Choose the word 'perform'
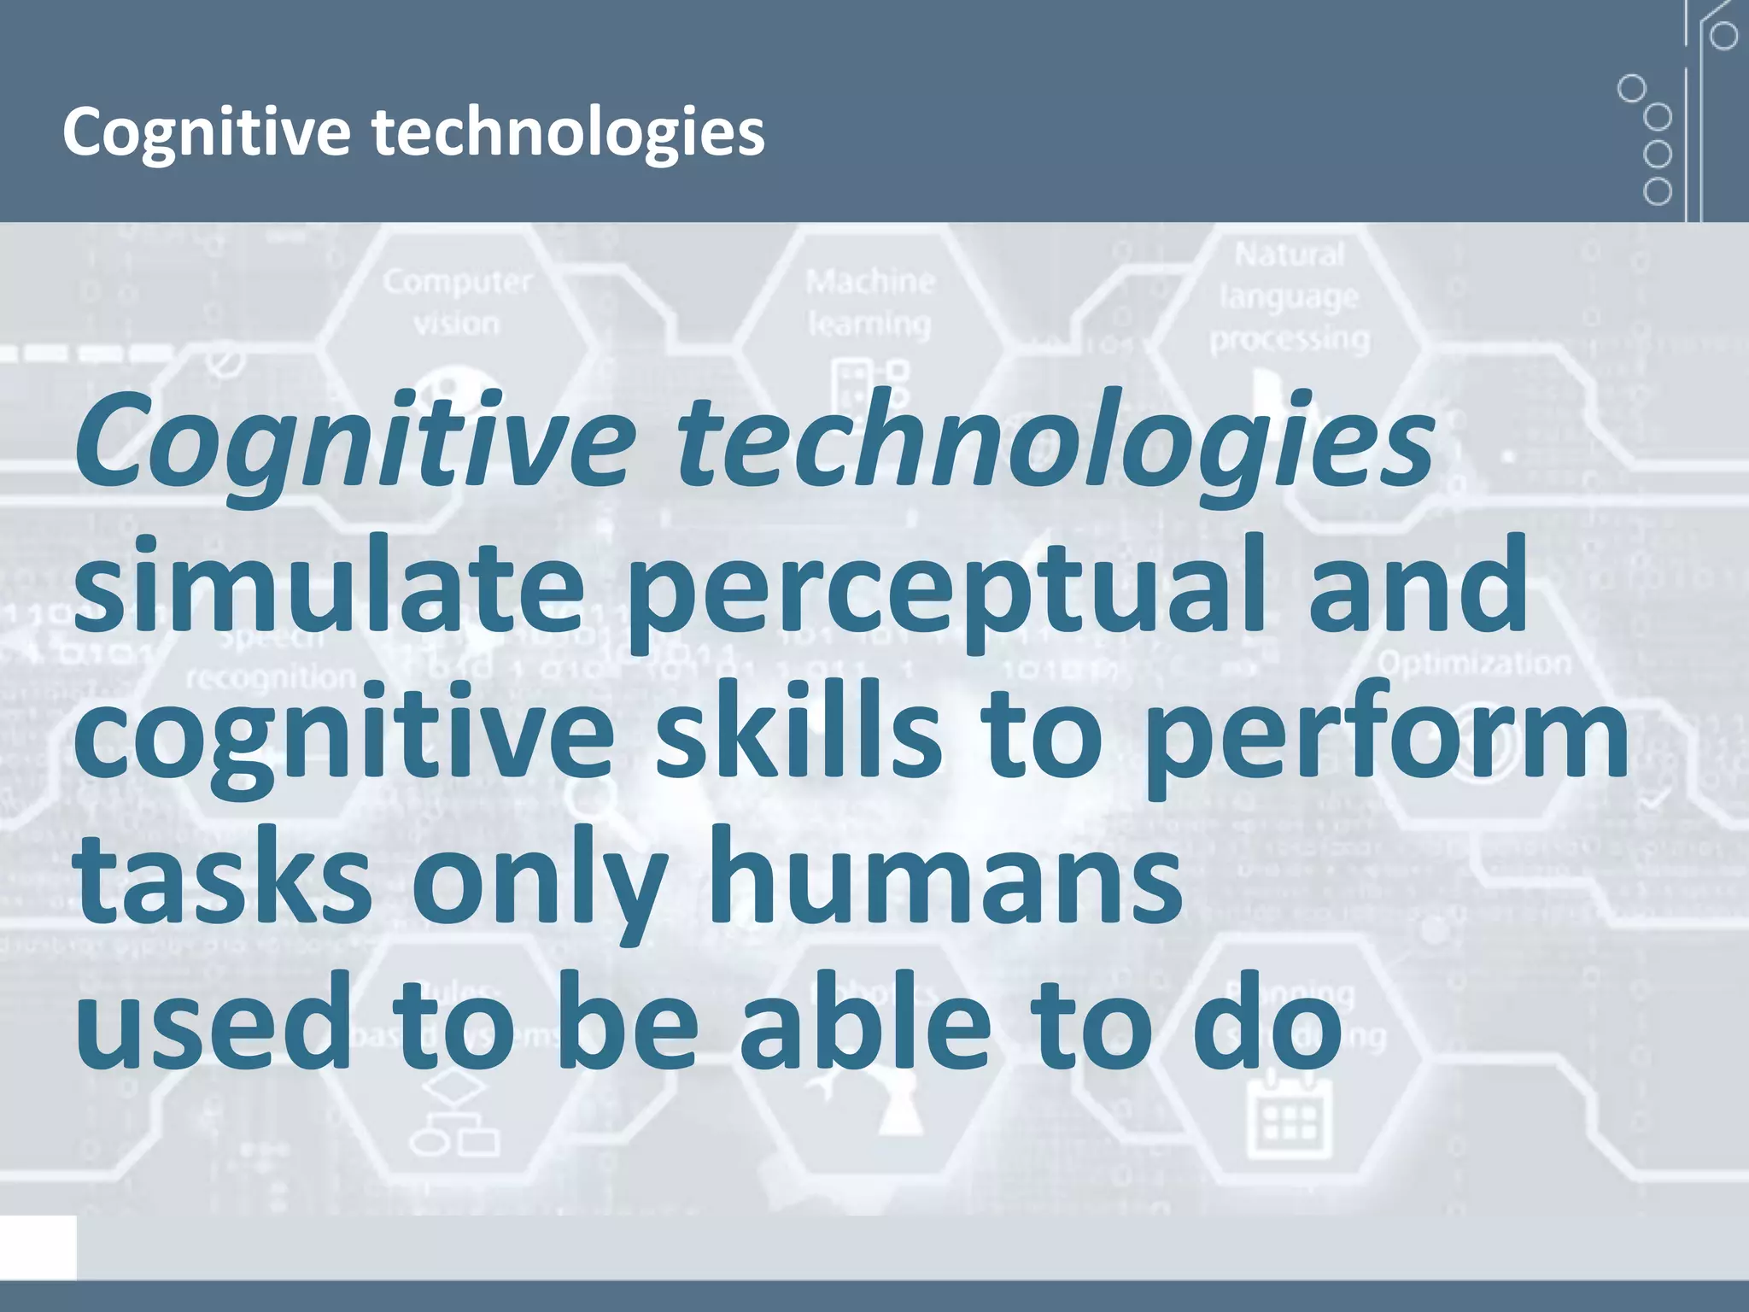pos(1383,735)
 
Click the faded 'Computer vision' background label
pos(457,302)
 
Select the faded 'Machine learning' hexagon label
pos(869,302)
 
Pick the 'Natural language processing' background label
pos(1290,296)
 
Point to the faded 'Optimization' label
pos(1474,663)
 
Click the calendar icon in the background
pos(1290,1115)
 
